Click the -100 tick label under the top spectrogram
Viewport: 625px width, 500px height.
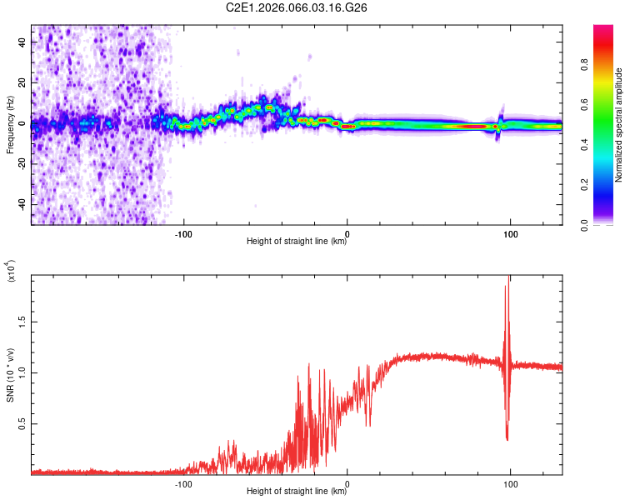click(x=184, y=233)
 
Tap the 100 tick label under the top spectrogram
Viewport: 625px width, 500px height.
click(x=509, y=233)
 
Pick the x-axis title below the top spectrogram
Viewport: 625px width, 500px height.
click(x=297, y=242)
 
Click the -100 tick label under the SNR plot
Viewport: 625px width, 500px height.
click(x=184, y=483)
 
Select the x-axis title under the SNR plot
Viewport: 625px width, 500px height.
click(x=297, y=492)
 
